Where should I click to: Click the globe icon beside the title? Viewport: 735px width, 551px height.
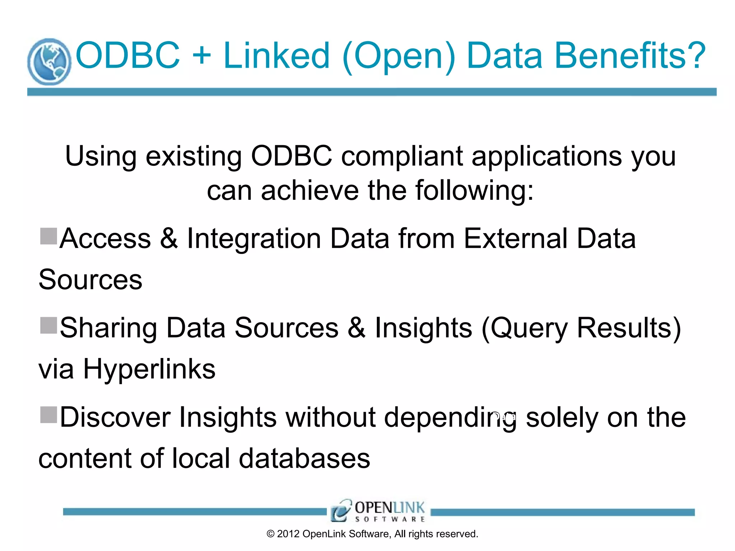[49, 62]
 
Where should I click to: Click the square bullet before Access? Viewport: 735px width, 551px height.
[48, 236]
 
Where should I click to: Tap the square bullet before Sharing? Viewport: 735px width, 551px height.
[48, 325]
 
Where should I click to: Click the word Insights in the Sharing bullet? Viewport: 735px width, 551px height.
[423, 328]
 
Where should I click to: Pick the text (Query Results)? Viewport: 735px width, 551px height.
[581, 328]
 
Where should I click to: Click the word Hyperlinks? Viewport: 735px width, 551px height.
[149, 369]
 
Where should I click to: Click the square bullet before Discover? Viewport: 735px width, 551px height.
[48, 415]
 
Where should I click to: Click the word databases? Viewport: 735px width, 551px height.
[304, 459]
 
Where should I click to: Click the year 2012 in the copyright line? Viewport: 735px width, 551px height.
[288, 534]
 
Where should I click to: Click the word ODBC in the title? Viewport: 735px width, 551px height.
[127, 56]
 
